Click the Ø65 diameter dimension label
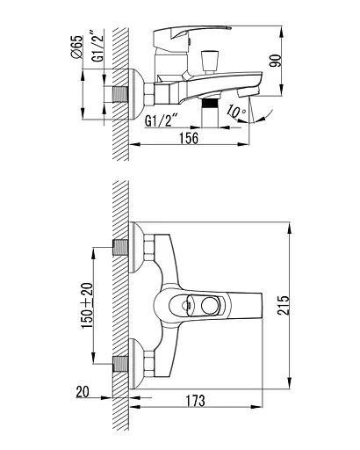77,47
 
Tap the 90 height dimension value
275,61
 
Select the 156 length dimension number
189,138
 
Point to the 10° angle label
237,112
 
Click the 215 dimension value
283,305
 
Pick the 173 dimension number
196,401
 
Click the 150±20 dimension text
87,305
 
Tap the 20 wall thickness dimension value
83,392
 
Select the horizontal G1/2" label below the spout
162,120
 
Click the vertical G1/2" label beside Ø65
97,46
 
